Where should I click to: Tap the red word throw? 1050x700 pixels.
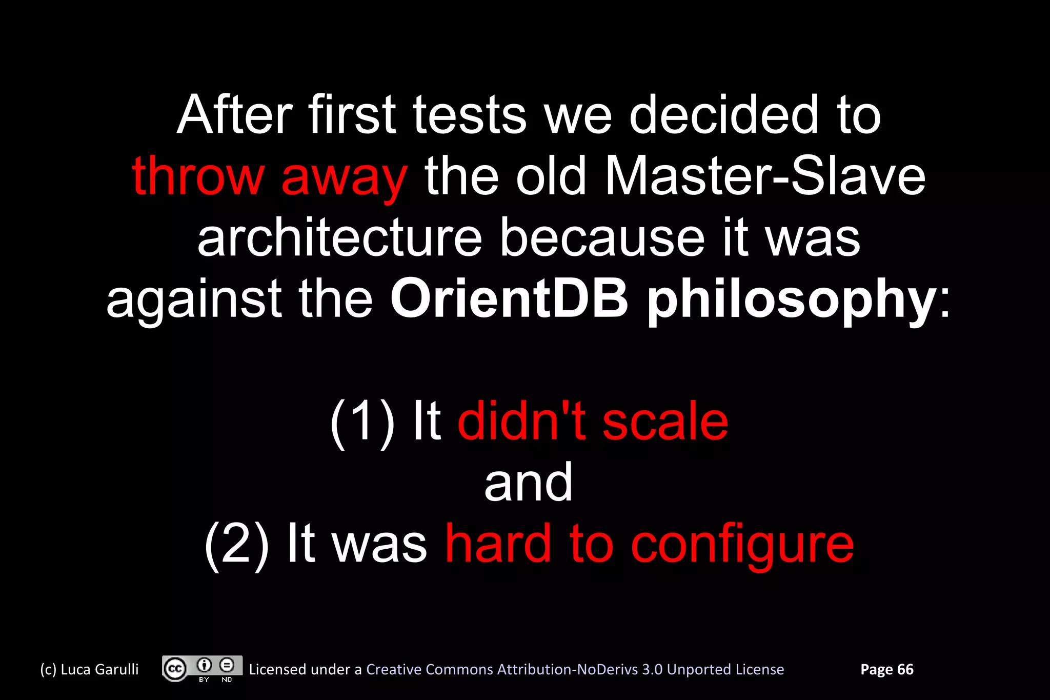point(198,176)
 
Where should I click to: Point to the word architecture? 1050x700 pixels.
point(339,238)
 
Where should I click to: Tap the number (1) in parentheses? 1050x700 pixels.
point(362,422)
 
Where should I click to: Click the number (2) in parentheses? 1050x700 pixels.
point(236,545)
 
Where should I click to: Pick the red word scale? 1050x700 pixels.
point(664,422)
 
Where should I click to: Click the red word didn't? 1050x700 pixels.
point(521,422)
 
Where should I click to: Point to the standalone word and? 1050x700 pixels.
point(528,483)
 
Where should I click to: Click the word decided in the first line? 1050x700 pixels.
point(723,115)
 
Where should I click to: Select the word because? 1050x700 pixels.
point(602,238)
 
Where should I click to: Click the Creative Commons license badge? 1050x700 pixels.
point(202,669)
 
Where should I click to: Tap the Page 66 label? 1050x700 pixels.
point(886,669)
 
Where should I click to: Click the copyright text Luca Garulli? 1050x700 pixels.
point(90,669)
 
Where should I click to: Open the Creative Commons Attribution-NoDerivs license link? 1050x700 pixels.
point(575,669)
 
